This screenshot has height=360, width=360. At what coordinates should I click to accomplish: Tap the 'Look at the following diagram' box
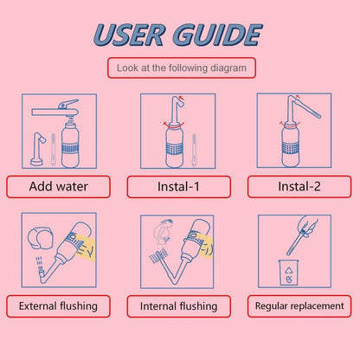point(181,67)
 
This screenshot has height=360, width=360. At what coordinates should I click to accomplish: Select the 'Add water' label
point(58,186)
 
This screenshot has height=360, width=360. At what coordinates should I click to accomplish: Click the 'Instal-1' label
point(178,187)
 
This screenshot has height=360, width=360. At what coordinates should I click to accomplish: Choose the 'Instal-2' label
point(299,186)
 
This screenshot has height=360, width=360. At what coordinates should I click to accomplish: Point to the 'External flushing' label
point(58,305)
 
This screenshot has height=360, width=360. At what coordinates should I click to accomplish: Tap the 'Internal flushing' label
point(178,306)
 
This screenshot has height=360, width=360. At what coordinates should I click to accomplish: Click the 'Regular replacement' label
point(299,305)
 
